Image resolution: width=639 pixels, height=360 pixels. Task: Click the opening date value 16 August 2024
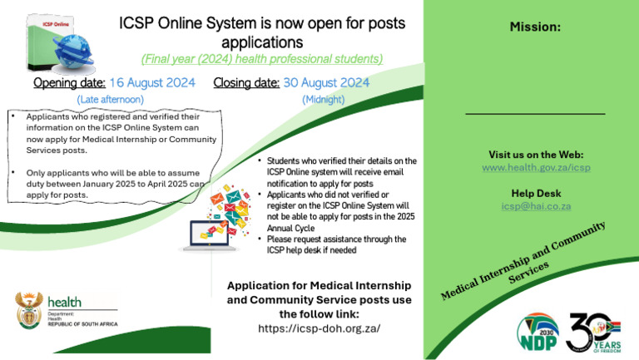[x=152, y=82]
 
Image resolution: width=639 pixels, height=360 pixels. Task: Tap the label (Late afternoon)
[x=111, y=99]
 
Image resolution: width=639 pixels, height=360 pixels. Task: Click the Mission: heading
[x=535, y=27]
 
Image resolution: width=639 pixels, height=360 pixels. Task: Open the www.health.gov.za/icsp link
[x=536, y=167]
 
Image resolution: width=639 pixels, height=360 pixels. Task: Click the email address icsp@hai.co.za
[x=535, y=205]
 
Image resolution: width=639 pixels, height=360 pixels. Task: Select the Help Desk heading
[x=535, y=193]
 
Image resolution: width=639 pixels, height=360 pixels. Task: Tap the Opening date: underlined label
[x=69, y=82]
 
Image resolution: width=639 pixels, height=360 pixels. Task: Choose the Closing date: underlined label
[x=246, y=82]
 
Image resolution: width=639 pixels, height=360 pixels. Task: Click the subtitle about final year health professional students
[x=262, y=58]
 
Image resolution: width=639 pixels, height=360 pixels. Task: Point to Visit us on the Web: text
[x=535, y=155]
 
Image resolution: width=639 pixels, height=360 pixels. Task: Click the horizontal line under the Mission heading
[x=535, y=113]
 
